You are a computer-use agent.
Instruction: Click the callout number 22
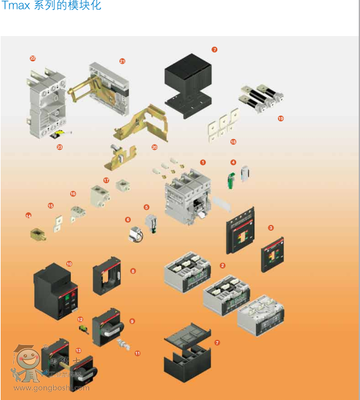pyautogui.click(x=33, y=58)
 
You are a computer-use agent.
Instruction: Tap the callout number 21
pyautogui.click(x=123, y=61)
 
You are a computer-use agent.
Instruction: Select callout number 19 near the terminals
pyautogui.click(x=280, y=118)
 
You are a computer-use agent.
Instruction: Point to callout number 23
pyautogui.click(x=59, y=147)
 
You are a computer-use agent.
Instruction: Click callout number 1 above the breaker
pyautogui.click(x=203, y=162)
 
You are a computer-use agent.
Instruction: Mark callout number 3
pyautogui.click(x=271, y=227)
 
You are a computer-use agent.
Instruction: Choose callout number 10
pyautogui.click(x=69, y=264)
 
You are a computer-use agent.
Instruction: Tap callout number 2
pyautogui.click(x=222, y=265)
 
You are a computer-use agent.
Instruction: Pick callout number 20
pyautogui.click(x=155, y=147)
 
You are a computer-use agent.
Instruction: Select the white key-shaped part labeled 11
pyautogui.click(x=123, y=344)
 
